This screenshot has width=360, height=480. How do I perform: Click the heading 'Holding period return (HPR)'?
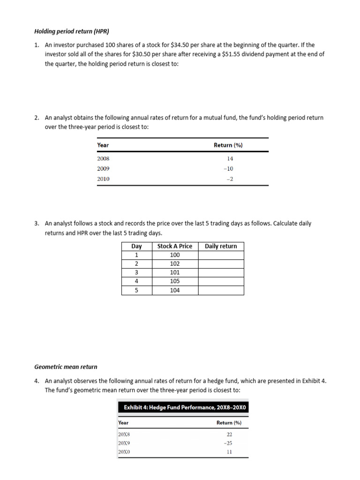72,32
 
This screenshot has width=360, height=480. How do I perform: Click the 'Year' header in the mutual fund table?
103,145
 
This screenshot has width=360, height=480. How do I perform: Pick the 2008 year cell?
103,159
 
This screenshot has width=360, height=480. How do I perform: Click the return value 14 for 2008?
230,159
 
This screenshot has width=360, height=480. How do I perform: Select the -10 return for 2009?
228,169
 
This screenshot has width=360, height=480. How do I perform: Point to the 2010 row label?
103,179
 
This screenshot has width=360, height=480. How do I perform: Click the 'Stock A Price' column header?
175,246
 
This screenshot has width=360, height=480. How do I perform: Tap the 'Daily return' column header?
221,246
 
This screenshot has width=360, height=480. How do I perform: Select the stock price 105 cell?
175,281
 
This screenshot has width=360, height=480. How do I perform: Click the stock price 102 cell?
175,264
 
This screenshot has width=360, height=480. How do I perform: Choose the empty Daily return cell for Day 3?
221,272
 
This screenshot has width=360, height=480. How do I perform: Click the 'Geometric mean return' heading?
66,367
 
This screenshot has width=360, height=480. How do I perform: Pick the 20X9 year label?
124,443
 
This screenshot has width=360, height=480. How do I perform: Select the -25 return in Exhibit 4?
228,443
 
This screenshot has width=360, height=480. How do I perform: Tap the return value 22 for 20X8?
229,435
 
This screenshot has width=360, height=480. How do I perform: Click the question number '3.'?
37,224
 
